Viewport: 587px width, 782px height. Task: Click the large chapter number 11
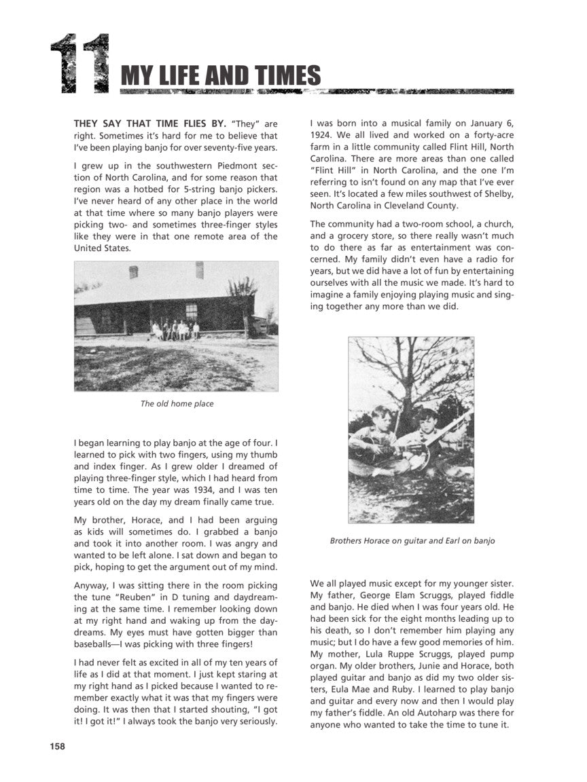pos(80,64)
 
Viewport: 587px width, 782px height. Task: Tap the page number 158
pos(57,747)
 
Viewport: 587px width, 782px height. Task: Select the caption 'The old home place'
pos(177,404)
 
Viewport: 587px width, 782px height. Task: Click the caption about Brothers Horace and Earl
pos(412,541)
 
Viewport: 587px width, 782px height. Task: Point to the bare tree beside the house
pos(242,299)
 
